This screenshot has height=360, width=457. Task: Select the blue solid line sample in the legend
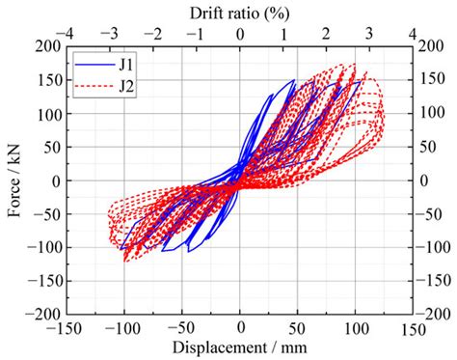pyautogui.click(x=89, y=64)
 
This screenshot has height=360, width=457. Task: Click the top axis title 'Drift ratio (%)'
pyautogui.click(x=240, y=12)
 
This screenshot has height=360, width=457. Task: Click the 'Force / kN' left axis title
pyautogui.click(x=14, y=180)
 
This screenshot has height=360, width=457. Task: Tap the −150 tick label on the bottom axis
pyautogui.click(x=65, y=329)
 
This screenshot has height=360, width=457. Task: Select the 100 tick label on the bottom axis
pyautogui.click(x=356, y=329)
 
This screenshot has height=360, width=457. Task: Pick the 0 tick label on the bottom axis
pyautogui.click(x=240, y=329)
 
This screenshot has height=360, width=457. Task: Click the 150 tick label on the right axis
pyautogui.click(x=434, y=79)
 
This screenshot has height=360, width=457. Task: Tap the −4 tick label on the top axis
pyautogui.click(x=65, y=33)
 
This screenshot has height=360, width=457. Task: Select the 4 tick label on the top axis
pyautogui.click(x=413, y=33)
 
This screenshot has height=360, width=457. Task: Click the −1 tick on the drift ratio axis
pyautogui.click(x=195, y=33)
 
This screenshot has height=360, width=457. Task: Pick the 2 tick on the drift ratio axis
pyautogui.click(x=327, y=33)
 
